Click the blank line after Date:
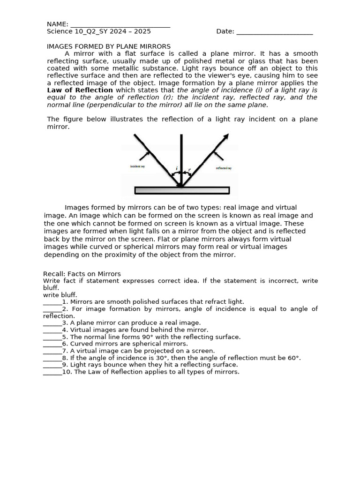tap(274, 32)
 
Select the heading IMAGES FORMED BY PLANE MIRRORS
tap(109, 46)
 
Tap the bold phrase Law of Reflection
tap(80, 90)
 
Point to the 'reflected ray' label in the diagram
tap(224, 168)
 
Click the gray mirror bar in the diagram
tap(182, 190)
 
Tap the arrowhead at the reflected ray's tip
tap(226, 136)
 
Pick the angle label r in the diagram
tap(189, 170)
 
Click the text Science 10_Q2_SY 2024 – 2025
tap(99, 31)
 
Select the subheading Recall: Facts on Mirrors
tap(82, 274)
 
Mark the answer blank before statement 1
tap(52, 302)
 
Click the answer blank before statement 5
tap(52, 337)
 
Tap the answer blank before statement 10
tap(52, 372)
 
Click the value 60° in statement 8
tap(293, 358)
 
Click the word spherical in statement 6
tap(139, 344)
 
